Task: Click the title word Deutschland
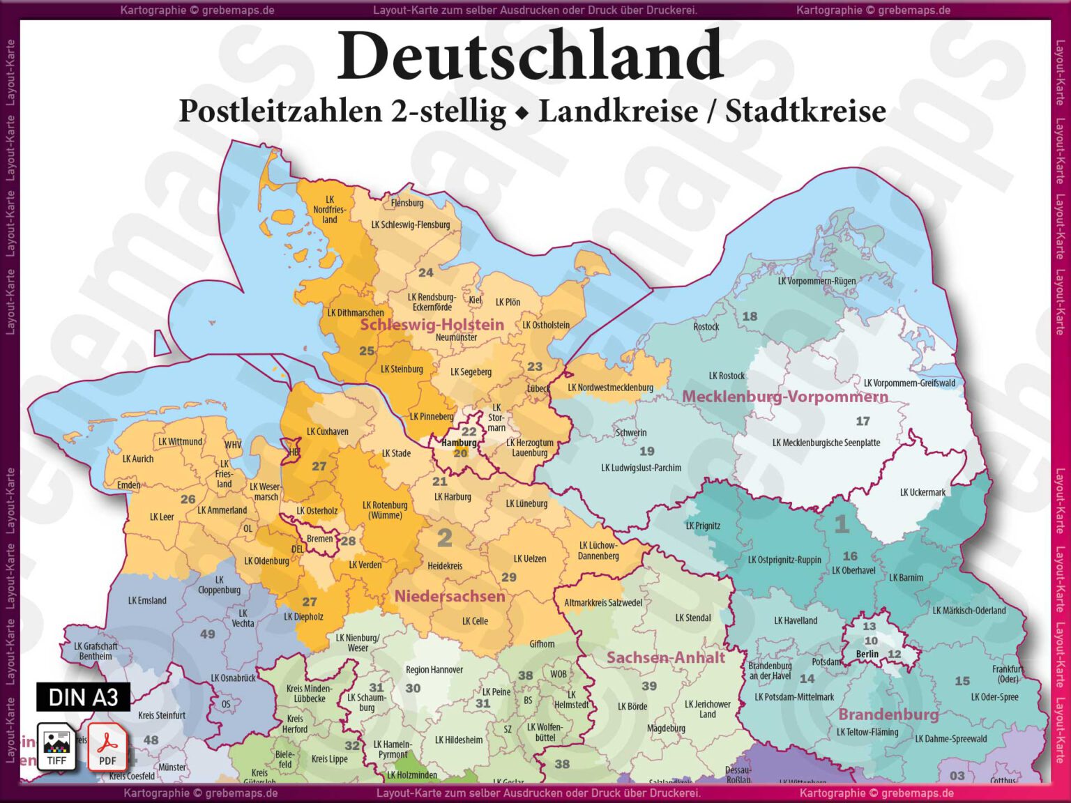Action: [x=530, y=56]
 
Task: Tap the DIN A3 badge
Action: [x=83, y=697]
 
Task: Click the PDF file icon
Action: [x=107, y=747]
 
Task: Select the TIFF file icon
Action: [x=56, y=747]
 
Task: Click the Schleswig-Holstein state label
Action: [x=432, y=324]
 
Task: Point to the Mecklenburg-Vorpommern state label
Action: [x=785, y=397]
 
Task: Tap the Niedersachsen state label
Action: [x=450, y=596]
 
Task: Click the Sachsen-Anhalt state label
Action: [x=665, y=657]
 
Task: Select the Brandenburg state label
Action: [x=888, y=714]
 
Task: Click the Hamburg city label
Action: [x=459, y=443]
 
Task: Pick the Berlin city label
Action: [x=867, y=654]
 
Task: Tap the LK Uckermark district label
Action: [x=922, y=492]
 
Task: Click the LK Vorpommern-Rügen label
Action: [x=816, y=281]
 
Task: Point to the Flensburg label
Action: [x=407, y=203]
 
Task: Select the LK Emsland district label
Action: [x=147, y=600]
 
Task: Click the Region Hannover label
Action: [x=434, y=670]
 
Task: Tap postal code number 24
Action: [x=425, y=273]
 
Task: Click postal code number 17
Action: [x=863, y=421]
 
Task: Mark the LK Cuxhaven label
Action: [x=327, y=431]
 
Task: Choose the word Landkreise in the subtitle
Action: [x=618, y=112]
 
